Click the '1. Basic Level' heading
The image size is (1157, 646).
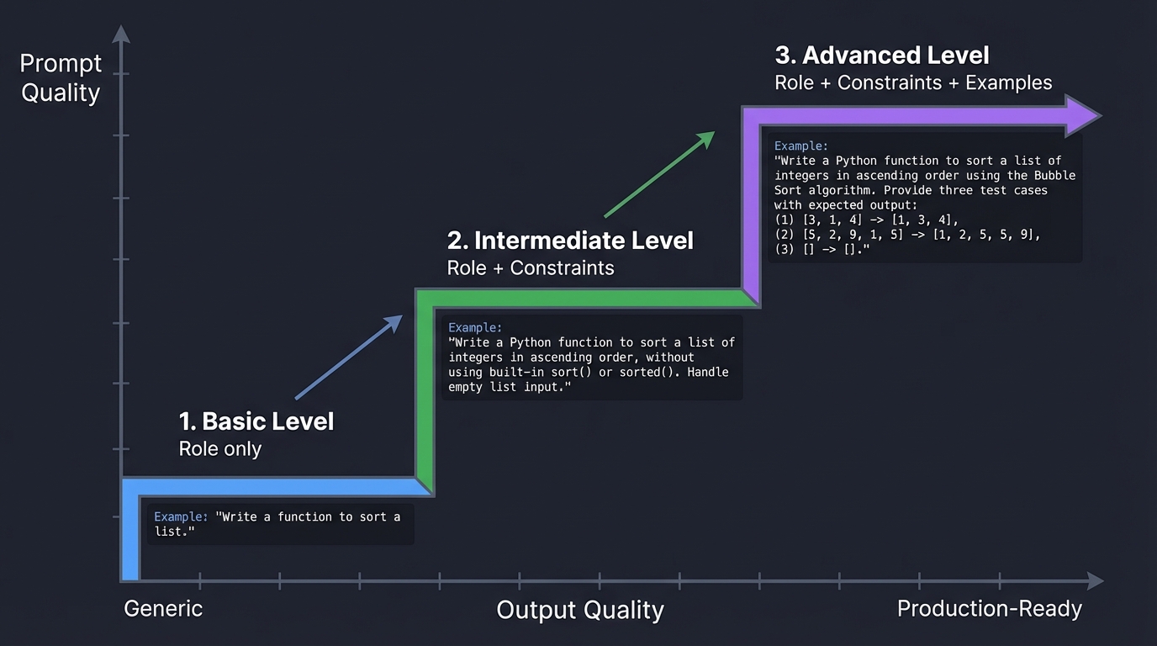point(256,421)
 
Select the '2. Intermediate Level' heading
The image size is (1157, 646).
point(570,241)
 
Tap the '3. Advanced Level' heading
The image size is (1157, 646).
point(882,56)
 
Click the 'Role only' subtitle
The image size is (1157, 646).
point(220,449)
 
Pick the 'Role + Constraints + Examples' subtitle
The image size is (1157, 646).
point(913,82)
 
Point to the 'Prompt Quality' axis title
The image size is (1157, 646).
point(61,78)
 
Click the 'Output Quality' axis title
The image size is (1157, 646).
point(580,610)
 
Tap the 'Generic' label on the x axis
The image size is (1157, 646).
point(163,608)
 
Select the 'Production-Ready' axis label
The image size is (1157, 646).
point(990,608)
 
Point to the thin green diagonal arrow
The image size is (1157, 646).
point(659,174)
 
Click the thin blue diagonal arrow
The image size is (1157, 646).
point(349,357)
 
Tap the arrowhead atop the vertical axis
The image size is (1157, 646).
point(122,34)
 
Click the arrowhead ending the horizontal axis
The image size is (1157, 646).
point(1095,580)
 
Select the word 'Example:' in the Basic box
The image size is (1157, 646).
point(181,516)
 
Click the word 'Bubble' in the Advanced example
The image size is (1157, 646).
point(1054,175)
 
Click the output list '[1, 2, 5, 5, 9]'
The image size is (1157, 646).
point(986,235)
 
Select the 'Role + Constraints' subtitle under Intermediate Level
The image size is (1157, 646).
point(531,267)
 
